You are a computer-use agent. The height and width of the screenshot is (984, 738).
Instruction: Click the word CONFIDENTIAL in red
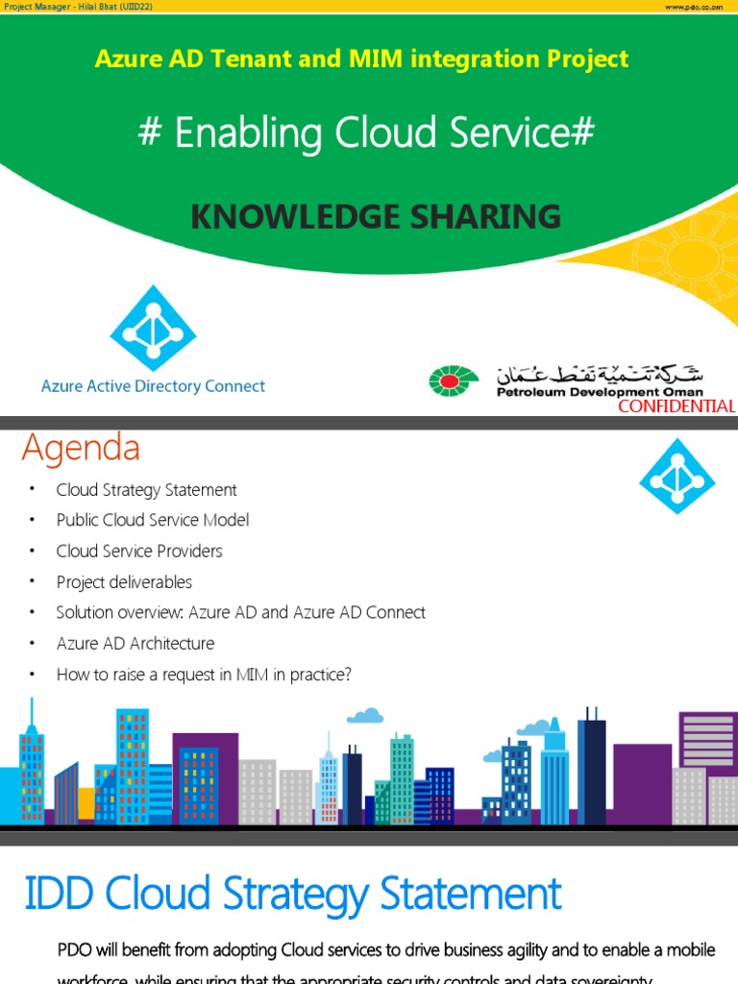676,406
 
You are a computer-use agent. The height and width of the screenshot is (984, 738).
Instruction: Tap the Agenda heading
81,448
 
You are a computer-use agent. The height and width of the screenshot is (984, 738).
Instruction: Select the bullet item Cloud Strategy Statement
146,490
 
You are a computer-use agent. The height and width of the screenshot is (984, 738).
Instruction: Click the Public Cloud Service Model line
152,520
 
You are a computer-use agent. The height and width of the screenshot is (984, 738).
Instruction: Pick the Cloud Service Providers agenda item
139,551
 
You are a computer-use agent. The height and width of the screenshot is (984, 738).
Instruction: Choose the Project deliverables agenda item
124,582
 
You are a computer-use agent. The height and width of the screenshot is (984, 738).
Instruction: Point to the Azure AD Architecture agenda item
135,644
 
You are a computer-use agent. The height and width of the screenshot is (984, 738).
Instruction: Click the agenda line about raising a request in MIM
204,675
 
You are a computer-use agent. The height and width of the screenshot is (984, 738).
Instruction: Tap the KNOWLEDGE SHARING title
376,217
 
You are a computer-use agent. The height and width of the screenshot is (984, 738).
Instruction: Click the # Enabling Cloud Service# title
366,135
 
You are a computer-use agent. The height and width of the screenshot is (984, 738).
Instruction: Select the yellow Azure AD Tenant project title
361,60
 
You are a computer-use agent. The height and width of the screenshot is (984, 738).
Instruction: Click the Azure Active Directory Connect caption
153,386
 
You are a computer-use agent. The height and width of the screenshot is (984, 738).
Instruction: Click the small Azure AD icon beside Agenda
676,477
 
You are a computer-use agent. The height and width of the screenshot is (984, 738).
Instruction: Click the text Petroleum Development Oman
599,392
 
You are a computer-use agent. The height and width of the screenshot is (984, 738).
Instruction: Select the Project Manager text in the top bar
77,6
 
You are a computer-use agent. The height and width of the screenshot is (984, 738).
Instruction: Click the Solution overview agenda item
240,613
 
